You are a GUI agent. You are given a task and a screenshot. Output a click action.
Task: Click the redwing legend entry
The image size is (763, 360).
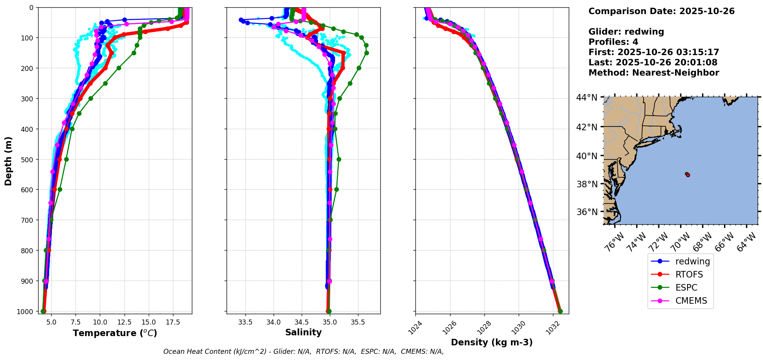click(692, 261)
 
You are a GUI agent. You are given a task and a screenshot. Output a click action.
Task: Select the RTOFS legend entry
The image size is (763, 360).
click(689, 274)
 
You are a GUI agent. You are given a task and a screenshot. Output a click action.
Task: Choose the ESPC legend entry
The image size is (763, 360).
click(686, 288)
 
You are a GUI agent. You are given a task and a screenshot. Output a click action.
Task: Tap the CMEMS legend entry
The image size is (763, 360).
click(691, 301)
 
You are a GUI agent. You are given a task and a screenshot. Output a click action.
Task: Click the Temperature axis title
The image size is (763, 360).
click(115, 333)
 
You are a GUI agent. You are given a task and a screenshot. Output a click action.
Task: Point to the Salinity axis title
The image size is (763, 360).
click(303, 332)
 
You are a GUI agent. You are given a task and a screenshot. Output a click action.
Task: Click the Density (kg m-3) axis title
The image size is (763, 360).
click(492, 342)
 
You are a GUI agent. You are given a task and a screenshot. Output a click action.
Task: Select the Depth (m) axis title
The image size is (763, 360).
click(8, 161)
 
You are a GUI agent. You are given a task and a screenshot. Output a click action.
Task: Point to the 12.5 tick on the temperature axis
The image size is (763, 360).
click(124, 322)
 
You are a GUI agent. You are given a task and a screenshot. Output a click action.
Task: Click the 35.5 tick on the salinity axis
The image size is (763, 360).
click(358, 322)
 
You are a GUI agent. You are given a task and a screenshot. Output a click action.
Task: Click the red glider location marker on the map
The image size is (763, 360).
click(688, 175)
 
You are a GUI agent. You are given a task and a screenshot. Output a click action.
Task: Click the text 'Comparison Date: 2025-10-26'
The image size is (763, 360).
click(661, 11)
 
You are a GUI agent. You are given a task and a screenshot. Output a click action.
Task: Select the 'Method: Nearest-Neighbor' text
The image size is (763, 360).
click(654, 73)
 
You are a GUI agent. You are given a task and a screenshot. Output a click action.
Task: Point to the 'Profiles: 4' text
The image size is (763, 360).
click(613, 42)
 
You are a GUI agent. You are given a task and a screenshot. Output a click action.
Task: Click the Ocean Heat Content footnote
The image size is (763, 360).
click(303, 352)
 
